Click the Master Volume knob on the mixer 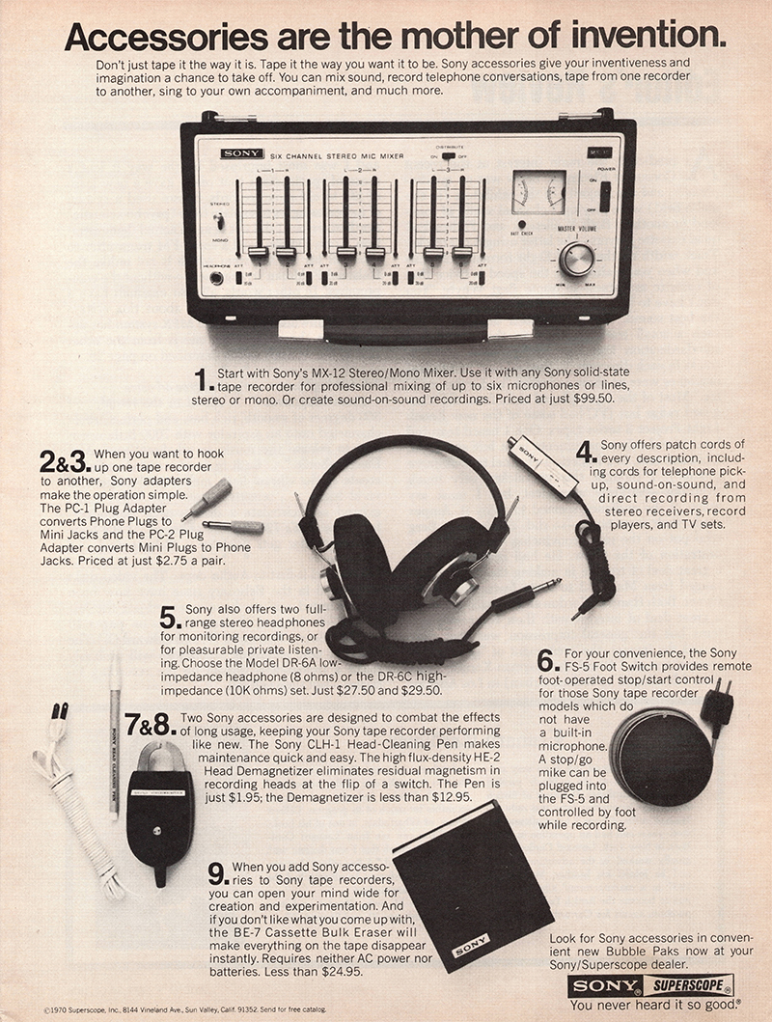click(576, 259)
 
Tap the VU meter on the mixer click(538, 191)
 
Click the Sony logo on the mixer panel click(235, 153)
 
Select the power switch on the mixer click(604, 196)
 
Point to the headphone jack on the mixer click(217, 279)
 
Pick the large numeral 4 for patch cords click(583, 451)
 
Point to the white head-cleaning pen click(114, 733)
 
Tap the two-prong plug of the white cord click(60, 715)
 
